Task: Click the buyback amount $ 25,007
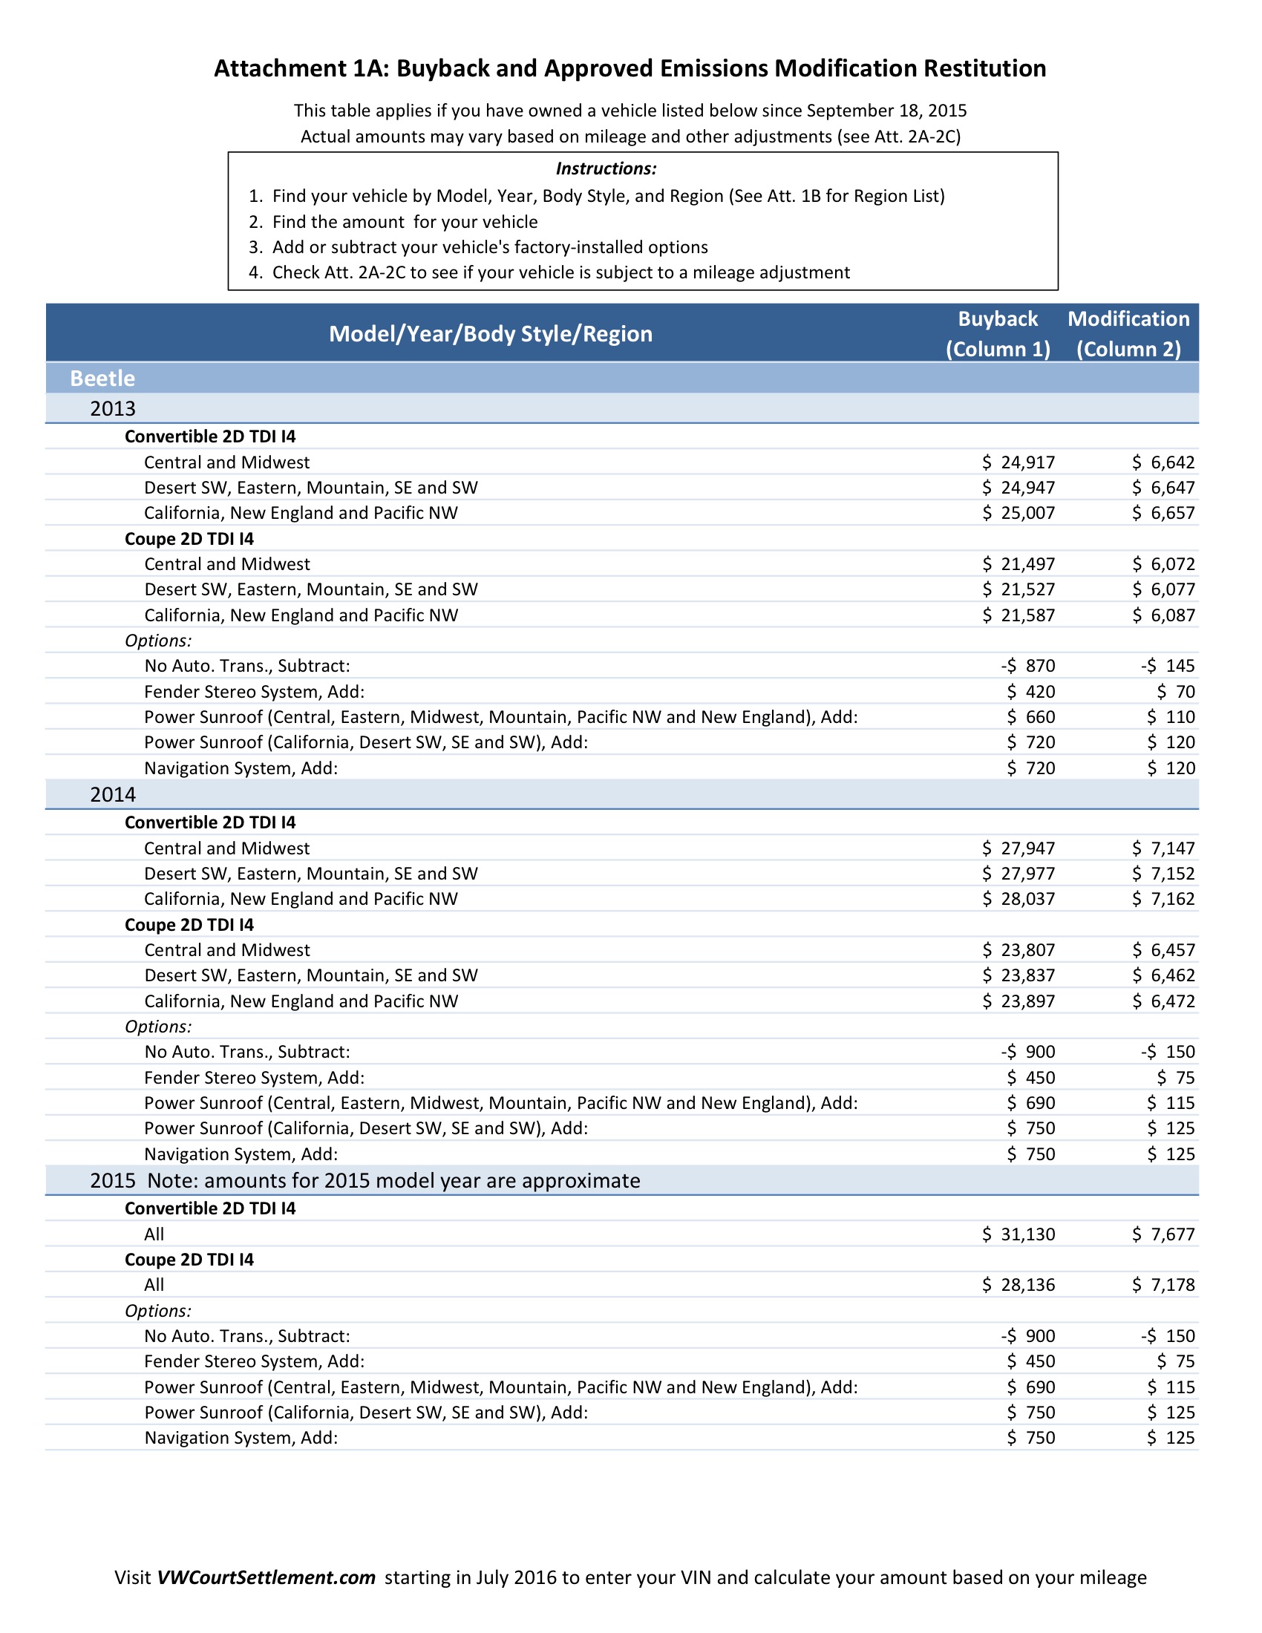(x=1019, y=513)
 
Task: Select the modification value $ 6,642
(x=1163, y=462)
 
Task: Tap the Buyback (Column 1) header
(x=997, y=333)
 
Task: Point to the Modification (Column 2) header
(x=1128, y=333)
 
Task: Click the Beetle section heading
(x=102, y=379)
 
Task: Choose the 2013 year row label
(x=113, y=408)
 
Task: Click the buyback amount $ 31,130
(x=1019, y=1234)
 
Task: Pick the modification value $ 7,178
(x=1163, y=1285)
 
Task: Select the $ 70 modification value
(x=1176, y=692)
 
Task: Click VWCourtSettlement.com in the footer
(x=266, y=1577)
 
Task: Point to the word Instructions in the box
(x=607, y=169)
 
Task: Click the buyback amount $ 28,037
(x=1019, y=899)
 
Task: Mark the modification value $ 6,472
(x=1163, y=1001)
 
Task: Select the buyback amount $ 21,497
(x=1019, y=564)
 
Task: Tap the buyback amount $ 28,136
(x=1019, y=1285)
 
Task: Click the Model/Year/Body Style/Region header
(x=491, y=333)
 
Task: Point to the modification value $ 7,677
(x=1163, y=1234)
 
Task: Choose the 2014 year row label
(x=113, y=794)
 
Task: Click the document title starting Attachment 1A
(x=630, y=68)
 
